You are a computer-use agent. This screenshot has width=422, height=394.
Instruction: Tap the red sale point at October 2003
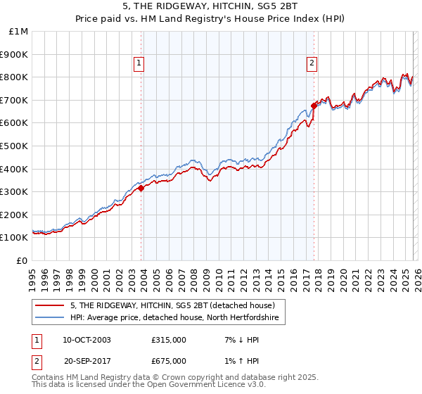coord(141,188)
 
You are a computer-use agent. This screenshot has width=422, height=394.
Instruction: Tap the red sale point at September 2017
coord(314,106)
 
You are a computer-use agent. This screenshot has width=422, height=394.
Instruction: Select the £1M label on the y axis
coord(18,31)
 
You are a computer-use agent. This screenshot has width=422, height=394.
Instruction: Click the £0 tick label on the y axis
coord(23,260)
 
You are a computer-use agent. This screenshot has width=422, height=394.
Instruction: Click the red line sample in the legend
coord(51,305)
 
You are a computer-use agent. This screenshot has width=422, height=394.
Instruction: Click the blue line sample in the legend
coord(51,318)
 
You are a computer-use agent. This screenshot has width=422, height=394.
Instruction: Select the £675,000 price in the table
coord(169,361)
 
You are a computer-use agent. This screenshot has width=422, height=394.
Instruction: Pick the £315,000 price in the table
coord(169,340)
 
